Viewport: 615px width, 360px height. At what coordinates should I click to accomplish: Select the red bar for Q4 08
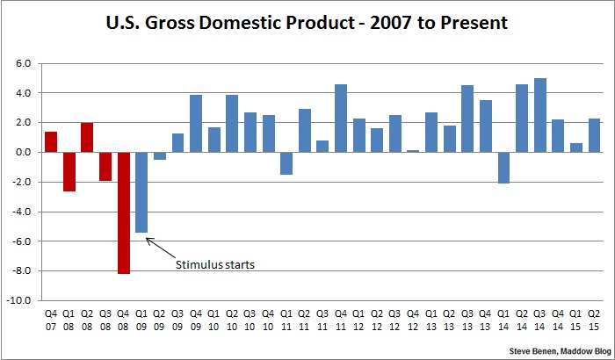point(124,212)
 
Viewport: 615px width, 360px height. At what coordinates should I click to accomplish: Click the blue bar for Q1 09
point(141,192)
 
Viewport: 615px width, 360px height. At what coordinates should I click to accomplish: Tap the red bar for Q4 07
point(51,141)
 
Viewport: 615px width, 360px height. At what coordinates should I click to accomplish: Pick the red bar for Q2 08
point(87,137)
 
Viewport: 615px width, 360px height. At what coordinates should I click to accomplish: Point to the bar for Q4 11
point(342,118)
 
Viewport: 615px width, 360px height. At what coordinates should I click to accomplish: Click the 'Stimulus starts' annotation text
point(215,263)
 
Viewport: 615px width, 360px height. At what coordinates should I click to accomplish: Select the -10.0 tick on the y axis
point(19,299)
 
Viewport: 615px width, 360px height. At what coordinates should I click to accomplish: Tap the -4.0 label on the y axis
point(21,211)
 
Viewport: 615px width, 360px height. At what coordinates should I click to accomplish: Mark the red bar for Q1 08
point(69,171)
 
